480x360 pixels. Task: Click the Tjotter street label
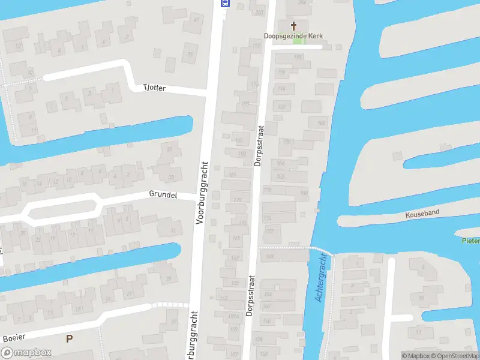pyautogui.click(x=154, y=88)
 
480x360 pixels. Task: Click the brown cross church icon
pyautogui.click(x=294, y=25)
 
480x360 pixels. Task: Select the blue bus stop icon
pyautogui.click(x=225, y=3)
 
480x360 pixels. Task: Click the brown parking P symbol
pyautogui.click(x=69, y=338)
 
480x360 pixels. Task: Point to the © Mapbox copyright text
pyautogui.click(x=415, y=355)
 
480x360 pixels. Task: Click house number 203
pyautogui.click(x=259, y=12)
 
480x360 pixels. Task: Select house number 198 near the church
pyautogui.click(x=298, y=57)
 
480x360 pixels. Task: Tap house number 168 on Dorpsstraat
pyautogui.click(x=269, y=256)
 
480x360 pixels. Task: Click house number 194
pyautogui.click(x=281, y=89)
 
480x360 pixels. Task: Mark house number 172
pyautogui.click(x=269, y=230)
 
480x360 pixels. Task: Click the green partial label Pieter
pyautogui.click(x=470, y=241)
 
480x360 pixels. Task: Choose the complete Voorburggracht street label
pyautogui.click(x=202, y=192)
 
